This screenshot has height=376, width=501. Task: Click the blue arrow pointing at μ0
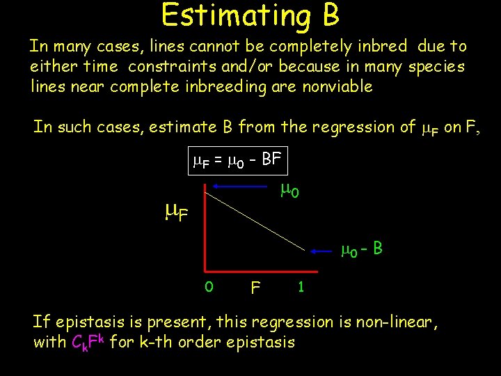[x=241, y=187]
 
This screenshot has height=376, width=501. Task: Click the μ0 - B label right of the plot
[x=360, y=249]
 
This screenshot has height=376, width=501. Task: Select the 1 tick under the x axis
[x=299, y=285]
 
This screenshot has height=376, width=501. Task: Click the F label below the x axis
[x=256, y=286]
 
